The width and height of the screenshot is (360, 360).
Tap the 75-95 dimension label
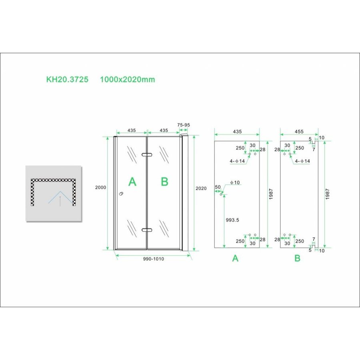[x=183, y=125]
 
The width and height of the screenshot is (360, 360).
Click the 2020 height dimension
[x=201, y=188]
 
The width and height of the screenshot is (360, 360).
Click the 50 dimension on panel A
[x=218, y=187]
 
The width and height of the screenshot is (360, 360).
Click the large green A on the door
[x=132, y=182]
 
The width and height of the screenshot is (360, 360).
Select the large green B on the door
[x=164, y=182]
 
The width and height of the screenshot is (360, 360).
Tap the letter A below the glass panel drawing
[x=236, y=258]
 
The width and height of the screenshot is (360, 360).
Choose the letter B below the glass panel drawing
[x=297, y=258]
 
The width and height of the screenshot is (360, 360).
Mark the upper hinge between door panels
[x=147, y=154]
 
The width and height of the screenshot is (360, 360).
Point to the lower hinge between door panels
[x=147, y=230]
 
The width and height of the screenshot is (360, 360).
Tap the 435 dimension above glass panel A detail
[x=237, y=131]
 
